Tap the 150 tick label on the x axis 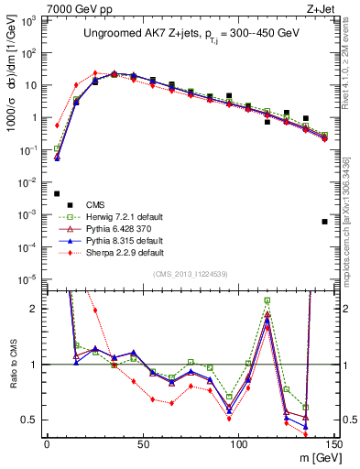coord(334,442)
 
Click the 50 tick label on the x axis coord(143,442)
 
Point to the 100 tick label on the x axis coord(238,442)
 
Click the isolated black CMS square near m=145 coord(324,222)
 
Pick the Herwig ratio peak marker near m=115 coord(267,300)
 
